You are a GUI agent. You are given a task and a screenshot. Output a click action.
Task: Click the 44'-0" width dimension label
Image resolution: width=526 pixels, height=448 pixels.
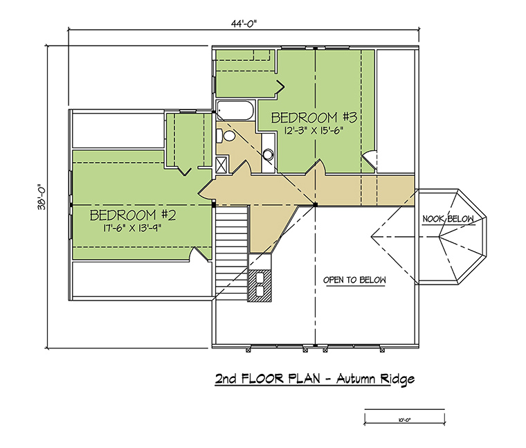[244, 24]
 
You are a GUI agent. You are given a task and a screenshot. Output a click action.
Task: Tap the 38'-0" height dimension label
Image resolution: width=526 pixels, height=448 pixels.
[42, 197]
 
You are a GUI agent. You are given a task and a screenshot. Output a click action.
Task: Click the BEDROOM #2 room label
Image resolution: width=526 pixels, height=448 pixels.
[133, 215]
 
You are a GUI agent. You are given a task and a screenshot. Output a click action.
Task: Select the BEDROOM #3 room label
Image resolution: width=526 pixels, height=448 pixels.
[314, 118]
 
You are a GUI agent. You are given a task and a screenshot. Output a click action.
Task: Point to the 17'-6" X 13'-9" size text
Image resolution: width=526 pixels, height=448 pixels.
[132, 229]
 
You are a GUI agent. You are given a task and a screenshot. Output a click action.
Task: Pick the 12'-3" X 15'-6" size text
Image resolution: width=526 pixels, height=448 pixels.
[315, 131]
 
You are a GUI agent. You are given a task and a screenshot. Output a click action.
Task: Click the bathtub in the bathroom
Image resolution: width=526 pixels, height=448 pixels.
[235, 110]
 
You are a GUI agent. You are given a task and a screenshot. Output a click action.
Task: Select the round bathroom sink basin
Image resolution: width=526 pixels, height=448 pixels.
[268, 154]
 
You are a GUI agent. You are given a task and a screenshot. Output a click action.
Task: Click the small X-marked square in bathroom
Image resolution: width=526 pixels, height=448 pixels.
[221, 164]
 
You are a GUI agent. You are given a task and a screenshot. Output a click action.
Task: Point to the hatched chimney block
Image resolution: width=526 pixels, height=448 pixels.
[260, 285]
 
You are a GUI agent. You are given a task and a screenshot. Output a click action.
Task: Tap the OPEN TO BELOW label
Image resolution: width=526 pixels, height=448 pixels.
[354, 280]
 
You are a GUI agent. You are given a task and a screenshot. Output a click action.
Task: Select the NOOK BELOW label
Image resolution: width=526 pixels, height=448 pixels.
[448, 219]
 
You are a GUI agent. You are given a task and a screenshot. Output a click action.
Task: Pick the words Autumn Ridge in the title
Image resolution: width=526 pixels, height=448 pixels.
[375, 379]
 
